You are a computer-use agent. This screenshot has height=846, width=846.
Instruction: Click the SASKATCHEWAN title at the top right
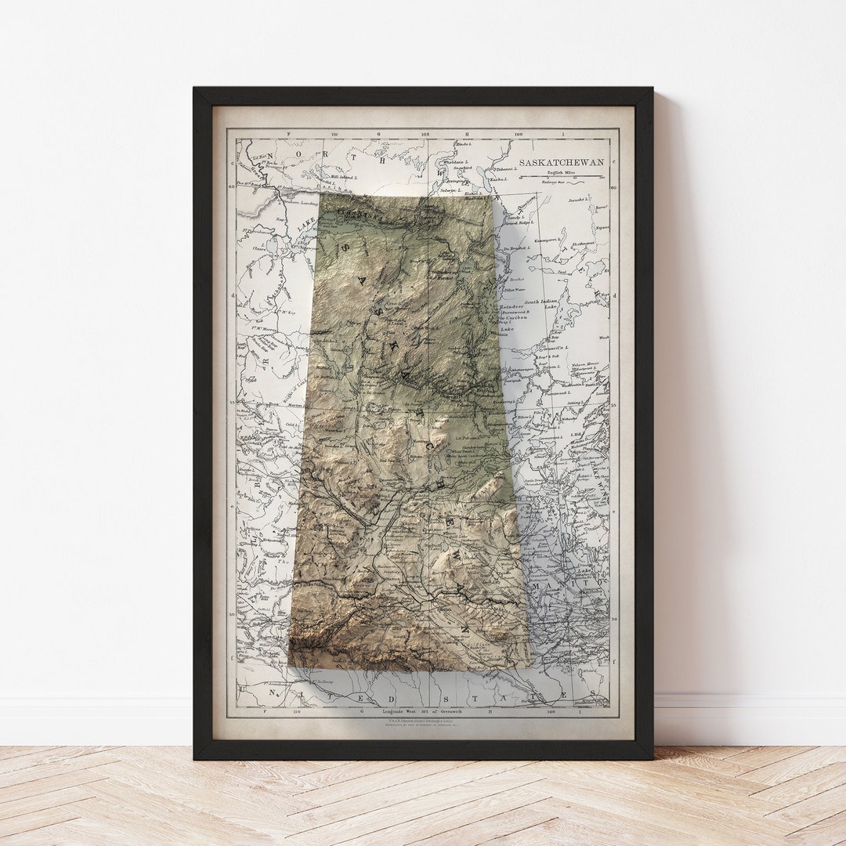561,162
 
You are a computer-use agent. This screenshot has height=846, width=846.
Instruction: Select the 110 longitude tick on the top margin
334,134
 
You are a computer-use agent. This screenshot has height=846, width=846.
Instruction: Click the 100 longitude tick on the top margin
519,134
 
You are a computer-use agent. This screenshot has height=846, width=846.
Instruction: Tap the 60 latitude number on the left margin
231,186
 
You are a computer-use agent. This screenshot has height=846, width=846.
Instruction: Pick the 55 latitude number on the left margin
233,403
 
